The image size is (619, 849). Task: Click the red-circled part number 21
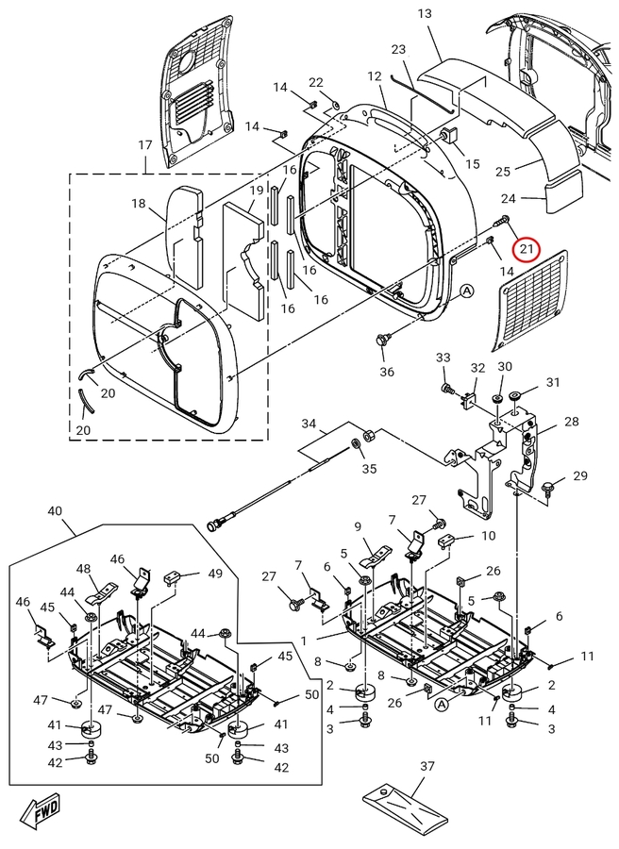coord(526,249)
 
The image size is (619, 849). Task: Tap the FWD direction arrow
coord(41,810)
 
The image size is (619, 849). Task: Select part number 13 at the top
coord(425,14)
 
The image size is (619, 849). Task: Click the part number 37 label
coord(427,767)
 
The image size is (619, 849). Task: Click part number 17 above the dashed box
coord(144,145)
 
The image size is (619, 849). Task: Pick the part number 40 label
coord(54,510)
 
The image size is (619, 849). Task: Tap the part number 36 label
coord(387,372)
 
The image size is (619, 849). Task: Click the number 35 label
coord(368,469)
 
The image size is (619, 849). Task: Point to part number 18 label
coord(139,204)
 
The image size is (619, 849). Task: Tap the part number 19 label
coord(257,191)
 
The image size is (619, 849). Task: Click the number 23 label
coord(398,49)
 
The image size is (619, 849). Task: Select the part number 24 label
coord(535,198)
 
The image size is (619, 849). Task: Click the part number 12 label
coord(375,75)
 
